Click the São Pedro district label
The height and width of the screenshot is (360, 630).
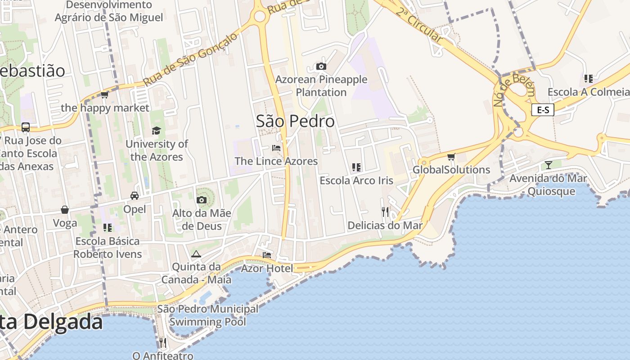(295, 121)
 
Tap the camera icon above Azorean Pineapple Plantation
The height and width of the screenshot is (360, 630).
(321, 67)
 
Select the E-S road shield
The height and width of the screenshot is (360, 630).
(542, 109)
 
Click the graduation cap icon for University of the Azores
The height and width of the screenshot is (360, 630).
(156, 130)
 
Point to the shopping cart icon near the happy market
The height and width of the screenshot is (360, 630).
(105, 94)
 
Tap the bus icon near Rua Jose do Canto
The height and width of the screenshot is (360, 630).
(26, 127)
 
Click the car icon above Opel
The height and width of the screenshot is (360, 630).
(134, 195)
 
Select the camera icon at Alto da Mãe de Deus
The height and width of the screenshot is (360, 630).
(201, 200)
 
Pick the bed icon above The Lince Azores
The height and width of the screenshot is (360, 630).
(276, 148)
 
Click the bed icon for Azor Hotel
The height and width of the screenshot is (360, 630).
(267, 255)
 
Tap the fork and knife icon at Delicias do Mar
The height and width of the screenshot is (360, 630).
(385, 211)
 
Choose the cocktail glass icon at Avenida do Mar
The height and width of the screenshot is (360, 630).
(548, 165)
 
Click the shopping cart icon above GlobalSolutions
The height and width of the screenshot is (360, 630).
(451, 157)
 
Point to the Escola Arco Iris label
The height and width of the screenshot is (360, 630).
(356, 180)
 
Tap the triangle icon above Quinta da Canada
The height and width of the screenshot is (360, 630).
(196, 254)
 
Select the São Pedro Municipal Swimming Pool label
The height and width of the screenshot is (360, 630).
(207, 315)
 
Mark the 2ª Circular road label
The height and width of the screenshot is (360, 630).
(419, 25)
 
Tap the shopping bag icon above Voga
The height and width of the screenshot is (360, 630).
(65, 210)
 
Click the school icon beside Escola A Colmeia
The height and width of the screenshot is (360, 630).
(588, 79)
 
